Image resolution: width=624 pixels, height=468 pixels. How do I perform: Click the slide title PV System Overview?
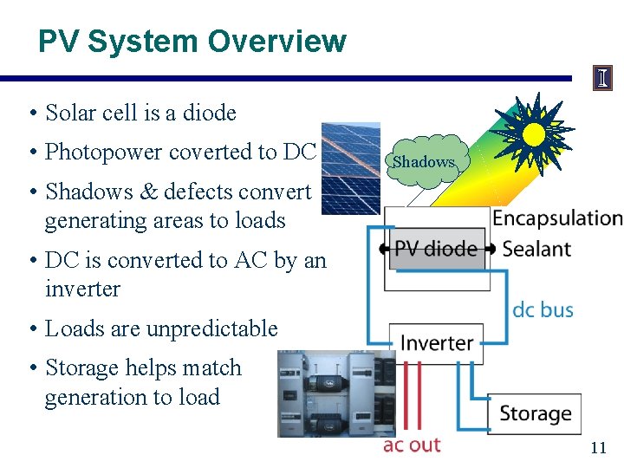192,41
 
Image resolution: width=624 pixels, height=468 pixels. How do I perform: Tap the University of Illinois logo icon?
602,79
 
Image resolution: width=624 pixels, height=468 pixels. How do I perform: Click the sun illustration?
533,133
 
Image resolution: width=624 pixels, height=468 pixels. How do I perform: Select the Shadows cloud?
423,160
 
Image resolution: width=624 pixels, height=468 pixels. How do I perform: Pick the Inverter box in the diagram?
436,343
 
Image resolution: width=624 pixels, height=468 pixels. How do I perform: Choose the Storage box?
535,413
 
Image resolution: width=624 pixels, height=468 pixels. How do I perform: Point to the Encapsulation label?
557,218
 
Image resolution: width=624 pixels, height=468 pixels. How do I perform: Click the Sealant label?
536,249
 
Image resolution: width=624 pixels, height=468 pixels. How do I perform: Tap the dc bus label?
543,309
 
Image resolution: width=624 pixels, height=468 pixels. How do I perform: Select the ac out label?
412,445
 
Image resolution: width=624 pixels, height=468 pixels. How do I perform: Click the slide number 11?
598,448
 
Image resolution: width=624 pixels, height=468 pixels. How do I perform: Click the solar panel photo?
350,167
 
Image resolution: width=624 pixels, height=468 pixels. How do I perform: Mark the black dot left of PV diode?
382,250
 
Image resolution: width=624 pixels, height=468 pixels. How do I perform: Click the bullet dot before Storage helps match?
32,368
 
